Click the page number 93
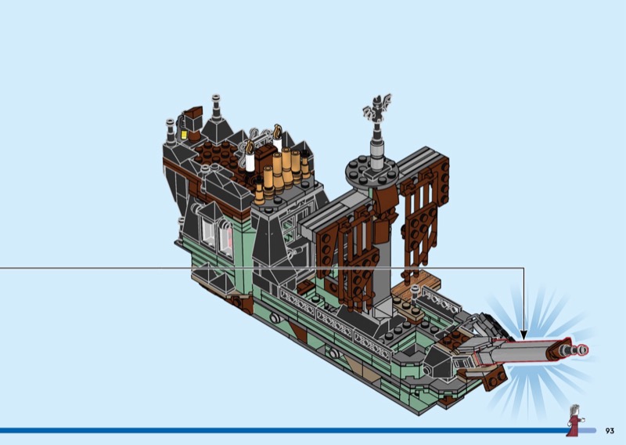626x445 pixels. (x=610, y=431)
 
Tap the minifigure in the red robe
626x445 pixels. (x=575, y=421)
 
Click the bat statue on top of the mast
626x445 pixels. (x=377, y=108)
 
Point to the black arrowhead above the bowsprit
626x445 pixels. (x=523, y=335)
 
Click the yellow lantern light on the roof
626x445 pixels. (x=184, y=135)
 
